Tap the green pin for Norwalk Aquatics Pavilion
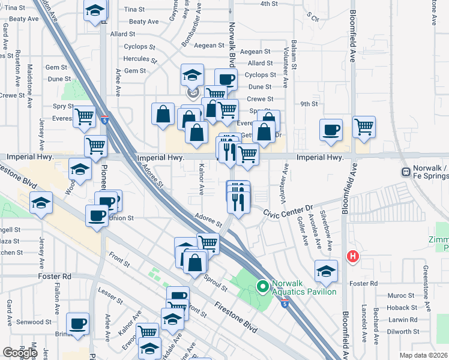tap(262, 287)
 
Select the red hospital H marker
tap(353, 257)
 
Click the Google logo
tap(20, 352)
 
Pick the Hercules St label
tap(139, 61)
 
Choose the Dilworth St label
tap(403, 331)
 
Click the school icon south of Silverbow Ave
tap(326, 271)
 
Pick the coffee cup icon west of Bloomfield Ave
tap(331, 130)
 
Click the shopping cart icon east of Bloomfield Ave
tap(364, 127)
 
